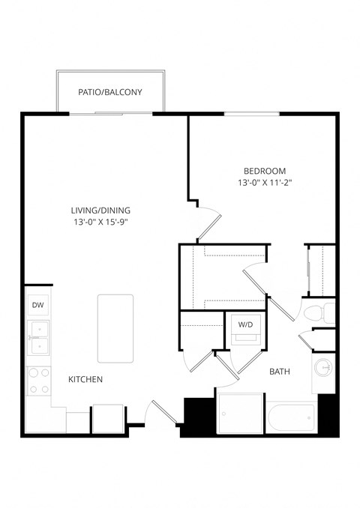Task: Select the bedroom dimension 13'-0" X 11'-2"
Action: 264,183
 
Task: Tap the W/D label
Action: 245,324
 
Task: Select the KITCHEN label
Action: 85,380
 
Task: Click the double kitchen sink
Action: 37,338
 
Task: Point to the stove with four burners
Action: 37,381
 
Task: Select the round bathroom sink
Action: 324,369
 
